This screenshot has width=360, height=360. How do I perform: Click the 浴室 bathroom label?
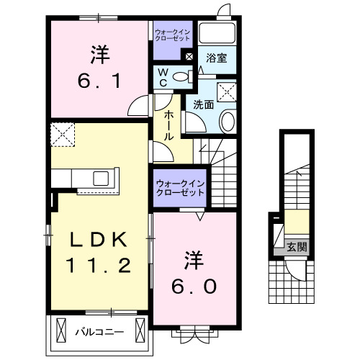tap(217, 58)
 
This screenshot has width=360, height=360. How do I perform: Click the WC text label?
tap(163, 76)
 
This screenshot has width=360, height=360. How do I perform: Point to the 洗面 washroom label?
tap(203, 104)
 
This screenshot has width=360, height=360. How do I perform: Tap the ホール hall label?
tap(168, 125)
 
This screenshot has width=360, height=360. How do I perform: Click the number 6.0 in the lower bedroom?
tap(192, 286)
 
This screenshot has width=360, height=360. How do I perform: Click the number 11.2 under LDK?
tap(99, 266)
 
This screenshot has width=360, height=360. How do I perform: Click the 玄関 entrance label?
tap(297, 247)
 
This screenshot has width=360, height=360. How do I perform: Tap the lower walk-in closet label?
tap(180, 189)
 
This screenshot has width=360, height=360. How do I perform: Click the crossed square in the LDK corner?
tap(62, 135)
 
